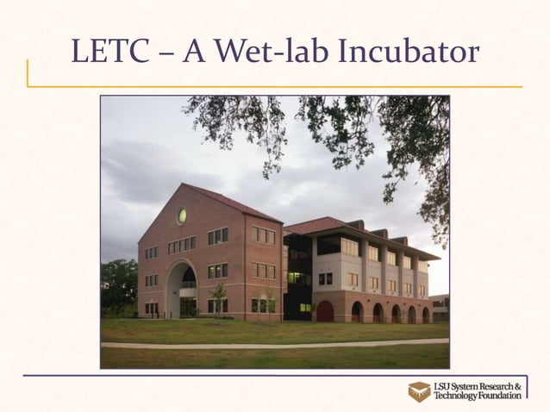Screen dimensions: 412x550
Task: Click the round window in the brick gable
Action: point(182,216)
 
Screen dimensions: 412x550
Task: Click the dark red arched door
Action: point(325,310)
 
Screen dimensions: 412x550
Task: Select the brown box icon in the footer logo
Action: point(420,391)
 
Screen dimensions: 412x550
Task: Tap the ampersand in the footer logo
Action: point(518,385)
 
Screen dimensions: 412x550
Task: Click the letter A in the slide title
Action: point(195,53)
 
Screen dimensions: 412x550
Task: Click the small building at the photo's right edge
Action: point(440,307)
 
